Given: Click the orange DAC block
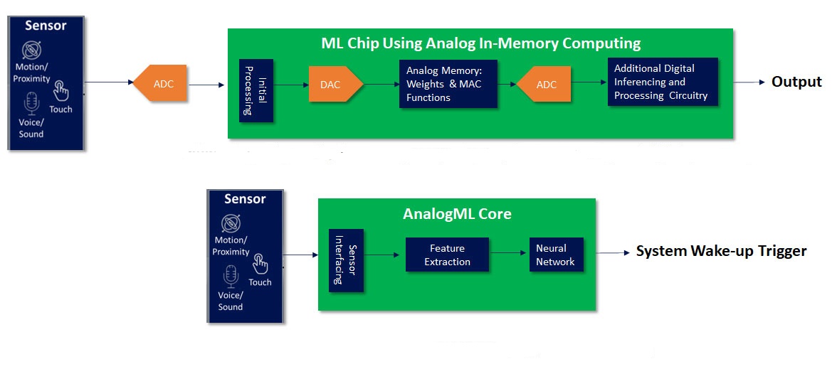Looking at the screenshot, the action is tap(336, 84).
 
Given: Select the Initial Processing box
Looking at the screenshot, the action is tap(256, 90).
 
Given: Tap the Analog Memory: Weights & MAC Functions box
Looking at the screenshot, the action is tap(448, 84).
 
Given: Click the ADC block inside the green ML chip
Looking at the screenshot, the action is tap(544, 84).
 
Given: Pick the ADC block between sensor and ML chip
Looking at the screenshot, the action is tap(159, 83).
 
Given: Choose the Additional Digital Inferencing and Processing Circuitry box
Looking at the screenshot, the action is tap(663, 82).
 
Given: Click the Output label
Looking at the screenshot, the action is tap(796, 82).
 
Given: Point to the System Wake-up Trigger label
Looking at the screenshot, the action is tap(721, 251).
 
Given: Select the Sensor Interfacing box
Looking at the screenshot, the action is tap(346, 260).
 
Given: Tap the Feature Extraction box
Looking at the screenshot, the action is tap(447, 255).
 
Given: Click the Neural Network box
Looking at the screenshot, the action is tap(557, 255).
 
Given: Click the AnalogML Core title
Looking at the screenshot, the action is tap(457, 214).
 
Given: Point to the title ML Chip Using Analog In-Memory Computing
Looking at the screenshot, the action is tap(480, 43).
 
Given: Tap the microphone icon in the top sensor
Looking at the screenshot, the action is tap(32, 103).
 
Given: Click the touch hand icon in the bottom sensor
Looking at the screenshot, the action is tap(260, 263).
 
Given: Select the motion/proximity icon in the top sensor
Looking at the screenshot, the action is tap(32, 50).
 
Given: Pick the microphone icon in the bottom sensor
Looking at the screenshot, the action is tap(231, 276).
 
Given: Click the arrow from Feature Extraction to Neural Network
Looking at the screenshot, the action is tap(507, 254).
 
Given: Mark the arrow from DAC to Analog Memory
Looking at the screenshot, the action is tap(381, 84).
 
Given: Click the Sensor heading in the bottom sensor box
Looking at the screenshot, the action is tap(245, 199).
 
